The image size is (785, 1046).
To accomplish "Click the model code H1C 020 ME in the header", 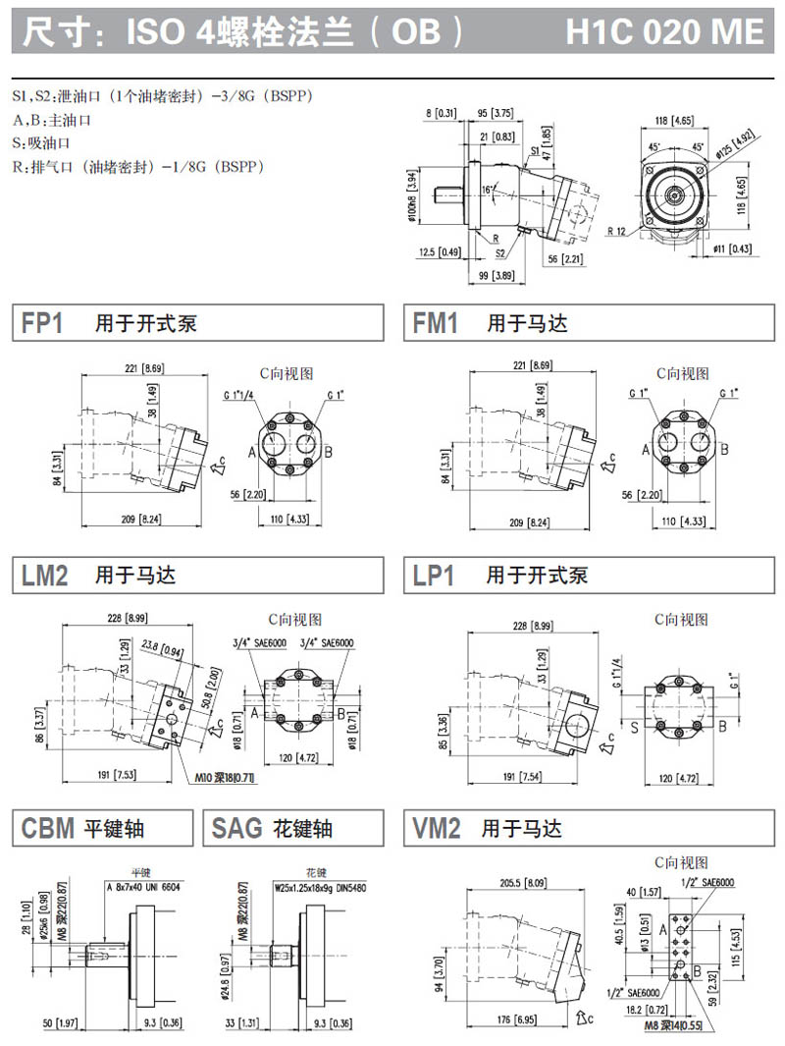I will click(664, 32).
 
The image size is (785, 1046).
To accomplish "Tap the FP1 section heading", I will click(42, 323).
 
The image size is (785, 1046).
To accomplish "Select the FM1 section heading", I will click(436, 323).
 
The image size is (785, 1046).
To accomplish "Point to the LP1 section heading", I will click(434, 576).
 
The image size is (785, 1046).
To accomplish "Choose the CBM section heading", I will click(48, 829).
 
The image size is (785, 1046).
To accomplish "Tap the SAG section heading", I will click(236, 829).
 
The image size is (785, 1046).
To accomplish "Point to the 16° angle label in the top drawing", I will click(490, 188).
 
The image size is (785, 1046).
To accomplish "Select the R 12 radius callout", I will click(617, 231).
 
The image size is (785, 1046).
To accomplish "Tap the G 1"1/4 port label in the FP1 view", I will click(237, 395).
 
